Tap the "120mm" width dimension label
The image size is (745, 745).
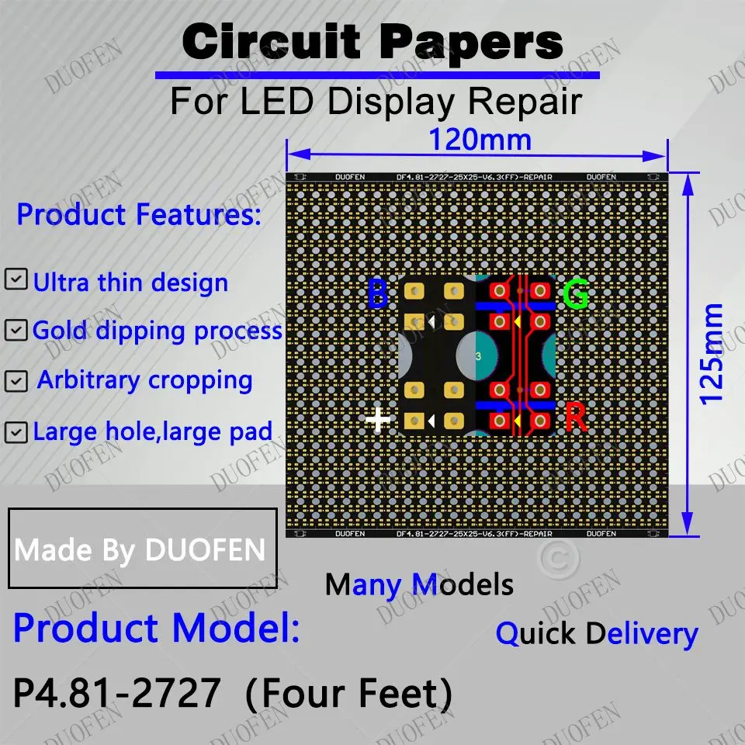click(x=480, y=140)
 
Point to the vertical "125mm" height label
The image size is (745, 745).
click(x=712, y=354)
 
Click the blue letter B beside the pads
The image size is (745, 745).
click(x=377, y=295)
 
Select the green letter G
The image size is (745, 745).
click(x=575, y=295)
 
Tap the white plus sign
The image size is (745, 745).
click(x=379, y=420)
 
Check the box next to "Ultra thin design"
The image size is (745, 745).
click(x=16, y=280)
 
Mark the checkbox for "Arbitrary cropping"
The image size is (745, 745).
click(x=16, y=381)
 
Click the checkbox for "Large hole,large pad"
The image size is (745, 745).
click(x=16, y=431)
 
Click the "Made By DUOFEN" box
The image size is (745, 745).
click(x=142, y=549)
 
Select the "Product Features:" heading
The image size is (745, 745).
click(x=139, y=214)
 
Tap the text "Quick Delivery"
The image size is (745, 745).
click(x=597, y=633)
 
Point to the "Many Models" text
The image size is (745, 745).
click(x=419, y=584)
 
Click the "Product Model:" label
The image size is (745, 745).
click(x=156, y=628)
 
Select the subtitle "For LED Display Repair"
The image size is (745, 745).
click(x=376, y=102)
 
